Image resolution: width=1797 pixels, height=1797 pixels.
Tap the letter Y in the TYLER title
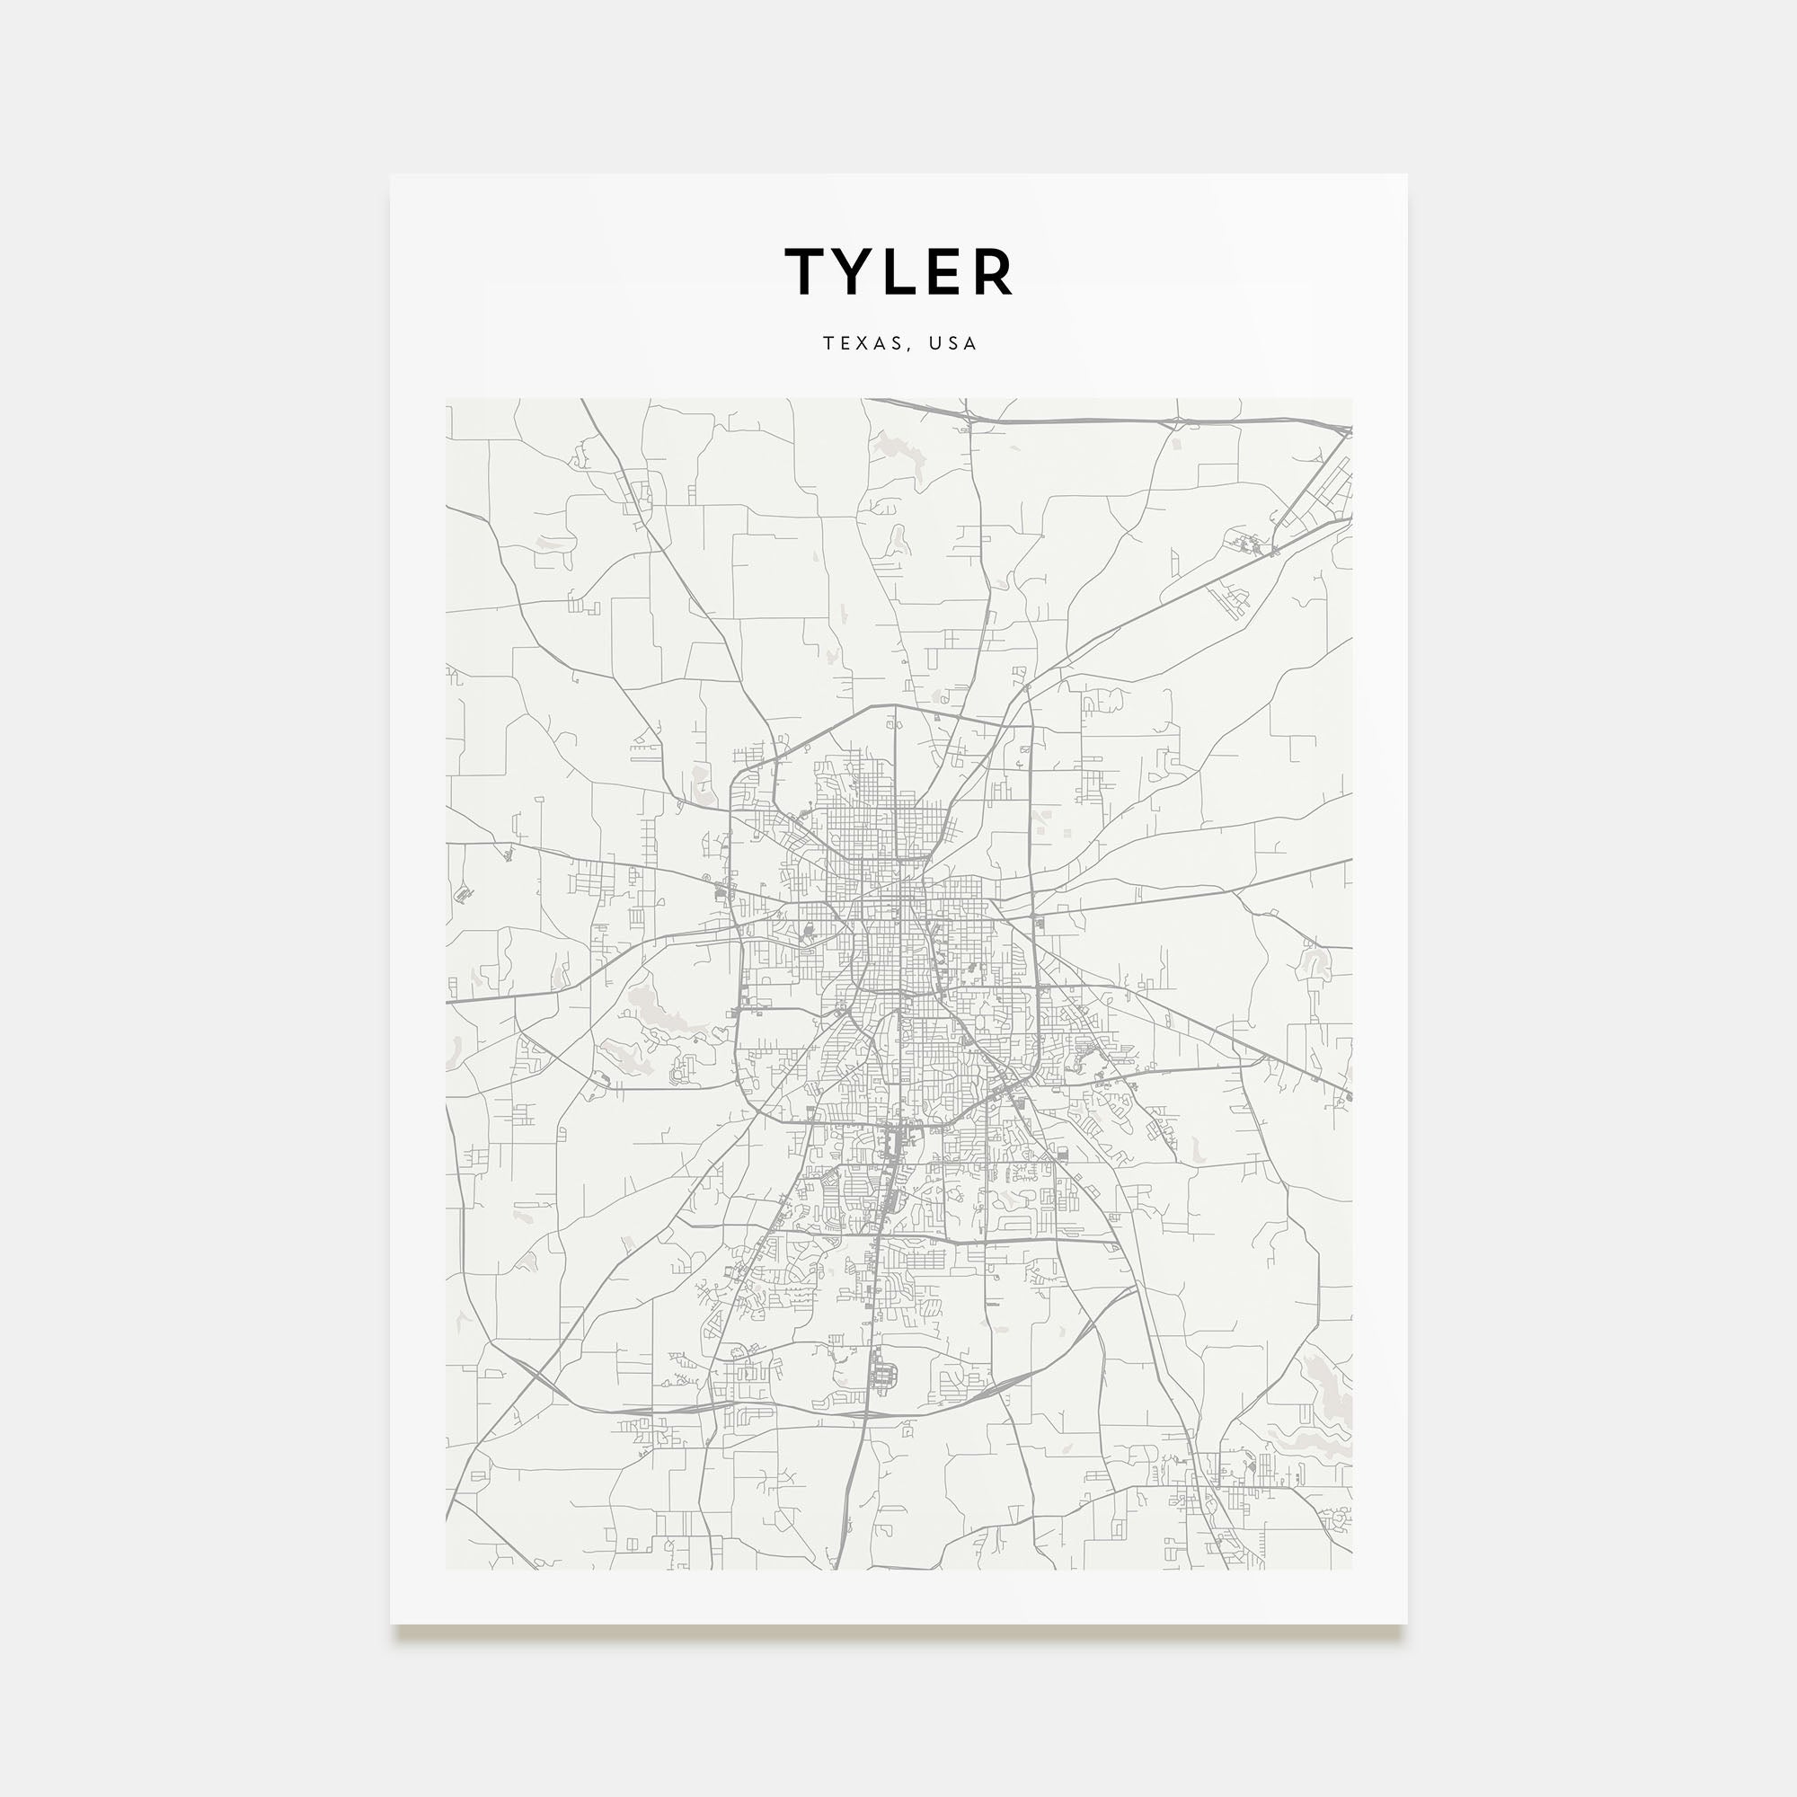pyautogui.click(x=855, y=271)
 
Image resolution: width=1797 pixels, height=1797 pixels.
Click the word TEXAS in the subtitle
pyautogui.click(x=862, y=343)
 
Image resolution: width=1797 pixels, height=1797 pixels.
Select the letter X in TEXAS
pyautogui.click(x=861, y=343)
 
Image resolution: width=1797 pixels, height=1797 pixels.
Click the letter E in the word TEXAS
pyautogui.click(x=844, y=343)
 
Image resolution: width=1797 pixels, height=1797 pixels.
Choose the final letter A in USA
pyautogui.click(x=971, y=343)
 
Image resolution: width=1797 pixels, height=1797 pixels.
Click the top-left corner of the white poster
pyautogui.click(x=391, y=175)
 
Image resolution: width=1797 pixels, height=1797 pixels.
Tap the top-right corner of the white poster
pyautogui.click(x=1406, y=175)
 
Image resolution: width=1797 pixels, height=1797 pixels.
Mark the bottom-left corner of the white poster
pyautogui.click(x=391, y=1624)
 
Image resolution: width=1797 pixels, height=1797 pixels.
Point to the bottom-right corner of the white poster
pyautogui.click(x=1406, y=1624)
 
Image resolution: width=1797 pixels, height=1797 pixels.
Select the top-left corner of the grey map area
pyautogui.click(x=447, y=400)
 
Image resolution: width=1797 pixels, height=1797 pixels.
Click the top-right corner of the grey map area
pyautogui.click(x=1351, y=400)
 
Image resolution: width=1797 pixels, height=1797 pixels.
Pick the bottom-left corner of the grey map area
pyautogui.click(x=447, y=1569)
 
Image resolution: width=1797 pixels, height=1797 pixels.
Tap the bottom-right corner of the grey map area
pyautogui.click(x=1351, y=1569)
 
